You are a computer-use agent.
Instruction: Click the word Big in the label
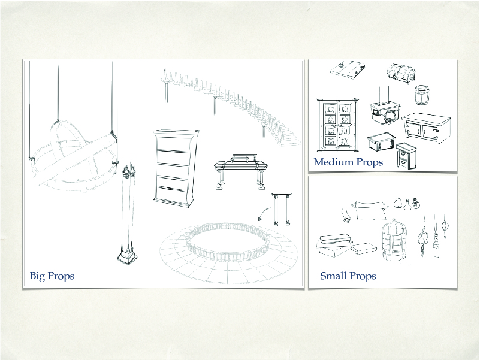[x=37, y=276]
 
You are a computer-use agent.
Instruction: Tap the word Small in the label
[x=333, y=276]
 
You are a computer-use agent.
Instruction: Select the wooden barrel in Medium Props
[x=421, y=95]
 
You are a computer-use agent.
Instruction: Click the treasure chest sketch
[x=401, y=74]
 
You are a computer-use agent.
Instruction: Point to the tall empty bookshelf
[x=175, y=168]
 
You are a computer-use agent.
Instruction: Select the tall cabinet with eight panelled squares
[x=337, y=125]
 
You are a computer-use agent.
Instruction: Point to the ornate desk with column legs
[x=240, y=171]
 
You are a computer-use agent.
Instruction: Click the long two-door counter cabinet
[x=427, y=128]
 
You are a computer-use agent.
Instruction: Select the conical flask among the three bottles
[x=407, y=205]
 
